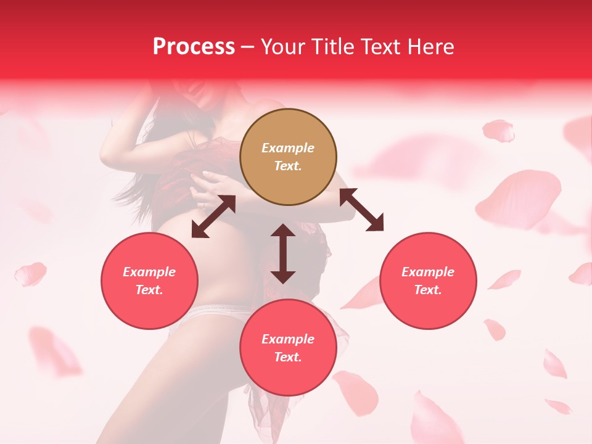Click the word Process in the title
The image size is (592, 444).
point(194,47)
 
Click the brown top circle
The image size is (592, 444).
point(288,157)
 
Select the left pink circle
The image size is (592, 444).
point(149,281)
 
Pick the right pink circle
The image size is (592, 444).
point(428,281)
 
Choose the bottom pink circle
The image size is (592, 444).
point(288,348)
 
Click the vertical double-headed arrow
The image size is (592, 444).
point(283,253)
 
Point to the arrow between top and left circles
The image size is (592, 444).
point(213,216)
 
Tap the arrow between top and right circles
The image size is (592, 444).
point(361,210)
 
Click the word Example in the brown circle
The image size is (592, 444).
point(288,148)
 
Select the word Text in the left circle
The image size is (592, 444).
point(149,290)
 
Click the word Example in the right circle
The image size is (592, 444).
point(428,272)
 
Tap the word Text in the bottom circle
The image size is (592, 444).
point(288,357)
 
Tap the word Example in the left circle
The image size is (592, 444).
point(149,272)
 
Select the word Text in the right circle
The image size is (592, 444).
point(428,290)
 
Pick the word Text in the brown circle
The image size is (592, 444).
point(288,166)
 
